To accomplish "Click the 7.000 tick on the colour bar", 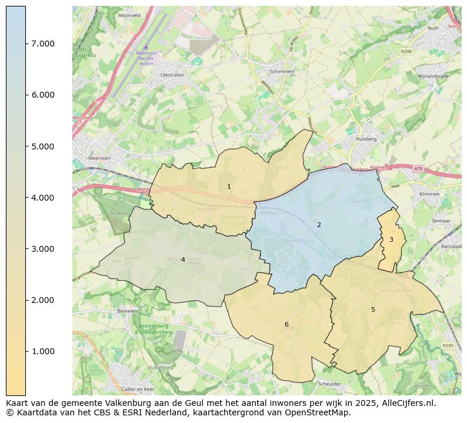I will coord(42,44).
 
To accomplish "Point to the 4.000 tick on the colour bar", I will coord(42,198).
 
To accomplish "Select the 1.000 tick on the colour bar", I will coord(42,352).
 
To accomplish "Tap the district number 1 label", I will coord(229,186).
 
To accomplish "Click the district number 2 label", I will coord(319,225).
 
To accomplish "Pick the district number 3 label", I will coord(391,239).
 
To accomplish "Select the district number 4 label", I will coord(183,259).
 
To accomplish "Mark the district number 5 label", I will coord(373,309).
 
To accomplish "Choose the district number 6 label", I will coord(286,324).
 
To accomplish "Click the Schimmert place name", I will coord(281,71).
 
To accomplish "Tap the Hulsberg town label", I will coord(366,139).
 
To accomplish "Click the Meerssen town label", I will coord(98,158).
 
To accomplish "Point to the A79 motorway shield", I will coord(418,169).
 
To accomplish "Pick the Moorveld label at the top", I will coord(129,16).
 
